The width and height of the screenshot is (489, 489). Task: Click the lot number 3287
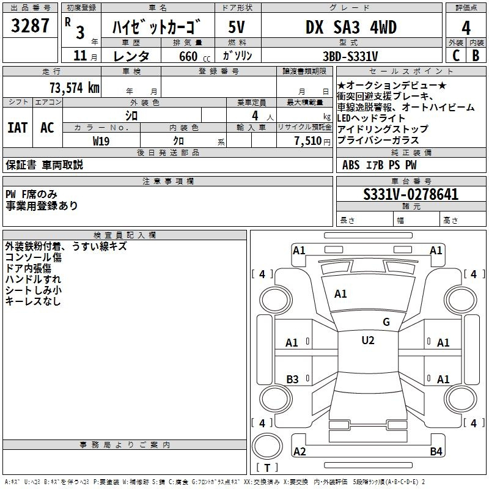tap(30, 26)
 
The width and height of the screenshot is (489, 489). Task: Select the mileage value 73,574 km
tap(75, 88)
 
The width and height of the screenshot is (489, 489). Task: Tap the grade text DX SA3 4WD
tap(351, 27)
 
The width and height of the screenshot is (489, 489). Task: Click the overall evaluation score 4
tap(466, 28)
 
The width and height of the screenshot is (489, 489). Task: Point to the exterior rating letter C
tap(456, 56)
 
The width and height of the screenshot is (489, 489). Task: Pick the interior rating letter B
tap(476, 56)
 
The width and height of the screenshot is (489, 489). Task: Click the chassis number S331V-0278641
tap(411, 194)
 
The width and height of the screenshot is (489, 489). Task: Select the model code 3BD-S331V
tap(350, 56)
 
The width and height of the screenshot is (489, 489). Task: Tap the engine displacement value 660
tap(188, 56)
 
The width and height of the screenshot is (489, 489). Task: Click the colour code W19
tap(101, 141)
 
